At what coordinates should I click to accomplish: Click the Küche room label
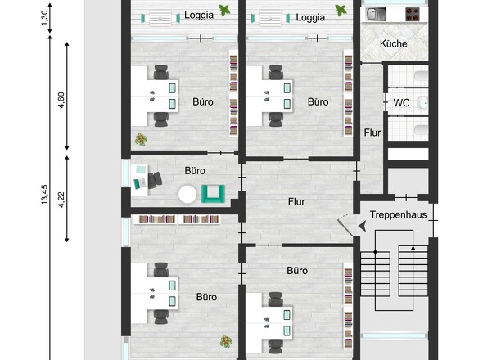[394, 43]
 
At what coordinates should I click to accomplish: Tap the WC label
[401, 102]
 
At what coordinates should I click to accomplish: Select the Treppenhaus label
[399, 214]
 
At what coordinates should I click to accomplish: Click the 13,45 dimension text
[45, 195]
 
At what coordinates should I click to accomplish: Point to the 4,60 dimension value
[61, 100]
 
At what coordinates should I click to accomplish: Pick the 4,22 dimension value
[61, 200]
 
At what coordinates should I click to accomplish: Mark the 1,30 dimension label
[45, 18]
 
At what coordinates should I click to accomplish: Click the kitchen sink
[376, 14]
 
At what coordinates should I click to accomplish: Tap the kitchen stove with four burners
[413, 14]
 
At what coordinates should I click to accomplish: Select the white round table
[187, 194]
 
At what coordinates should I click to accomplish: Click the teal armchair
[213, 194]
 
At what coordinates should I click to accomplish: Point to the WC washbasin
[423, 102]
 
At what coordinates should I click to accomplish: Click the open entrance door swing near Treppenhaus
[345, 223]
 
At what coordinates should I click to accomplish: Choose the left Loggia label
[199, 15]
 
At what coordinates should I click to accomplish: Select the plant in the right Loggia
[341, 11]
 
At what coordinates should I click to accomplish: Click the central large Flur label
[296, 202]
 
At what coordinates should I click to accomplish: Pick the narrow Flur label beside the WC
[372, 133]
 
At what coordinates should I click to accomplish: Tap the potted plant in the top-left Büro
[141, 139]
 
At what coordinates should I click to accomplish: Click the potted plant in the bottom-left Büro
[226, 341]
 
